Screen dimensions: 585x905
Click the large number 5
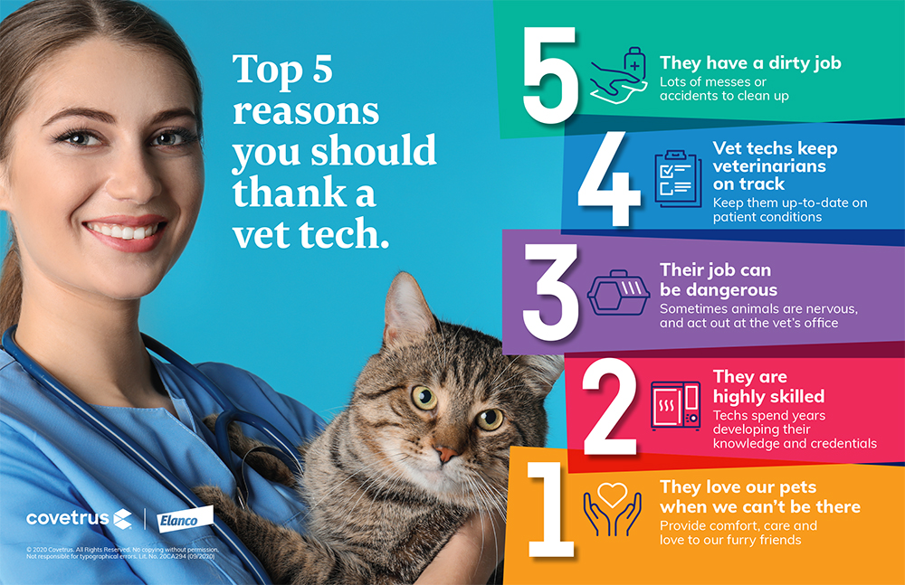[x=548, y=74]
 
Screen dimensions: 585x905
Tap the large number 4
[x=608, y=179]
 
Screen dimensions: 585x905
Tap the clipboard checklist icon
[x=678, y=179]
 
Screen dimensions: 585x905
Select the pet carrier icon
[x=618, y=292]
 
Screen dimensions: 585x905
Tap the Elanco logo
[x=185, y=518]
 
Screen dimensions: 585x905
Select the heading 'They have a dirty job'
[x=750, y=62]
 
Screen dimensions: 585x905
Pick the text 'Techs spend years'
[x=768, y=415]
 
